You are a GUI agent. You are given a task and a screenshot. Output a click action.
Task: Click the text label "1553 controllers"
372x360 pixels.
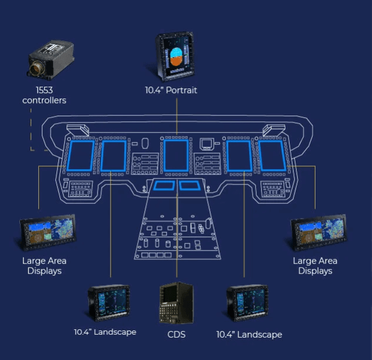(x=44, y=95)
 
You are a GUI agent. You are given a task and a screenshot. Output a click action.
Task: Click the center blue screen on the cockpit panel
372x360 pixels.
(x=177, y=156)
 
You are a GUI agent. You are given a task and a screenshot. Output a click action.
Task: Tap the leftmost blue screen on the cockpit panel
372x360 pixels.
(x=82, y=156)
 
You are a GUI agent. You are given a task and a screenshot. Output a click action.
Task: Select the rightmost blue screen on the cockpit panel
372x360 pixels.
(x=271, y=156)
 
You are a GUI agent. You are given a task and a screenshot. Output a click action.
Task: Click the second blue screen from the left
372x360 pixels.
(x=112, y=156)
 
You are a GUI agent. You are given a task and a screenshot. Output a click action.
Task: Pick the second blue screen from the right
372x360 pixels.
(x=240, y=156)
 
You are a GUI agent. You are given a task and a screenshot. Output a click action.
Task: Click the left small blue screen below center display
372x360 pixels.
(x=162, y=186)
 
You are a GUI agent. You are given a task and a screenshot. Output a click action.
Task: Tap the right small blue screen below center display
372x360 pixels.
(x=190, y=186)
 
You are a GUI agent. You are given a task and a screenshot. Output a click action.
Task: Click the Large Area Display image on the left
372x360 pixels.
(x=47, y=233)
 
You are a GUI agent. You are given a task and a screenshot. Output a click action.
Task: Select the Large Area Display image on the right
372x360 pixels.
(x=315, y=233)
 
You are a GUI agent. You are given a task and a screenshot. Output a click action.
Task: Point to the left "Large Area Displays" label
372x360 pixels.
(x=44, y=266)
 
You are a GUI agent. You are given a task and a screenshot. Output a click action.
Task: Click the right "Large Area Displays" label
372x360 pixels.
(x=315, y=266)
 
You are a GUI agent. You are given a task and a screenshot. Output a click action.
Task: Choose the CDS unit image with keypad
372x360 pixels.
(x=176, y=303)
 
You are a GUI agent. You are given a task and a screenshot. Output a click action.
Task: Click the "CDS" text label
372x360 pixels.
(x=176, y=335)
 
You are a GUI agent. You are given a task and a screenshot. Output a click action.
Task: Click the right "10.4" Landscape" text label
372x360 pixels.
(x=249, y=335)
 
